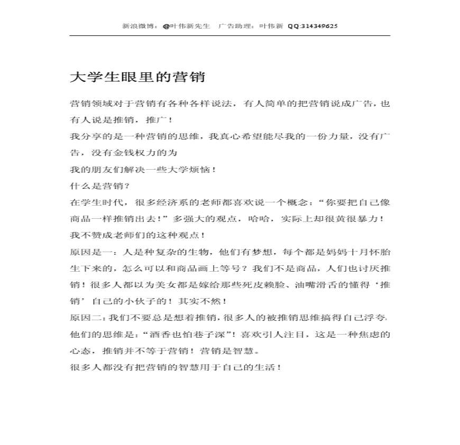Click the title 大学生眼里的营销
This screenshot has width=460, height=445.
(137, 77)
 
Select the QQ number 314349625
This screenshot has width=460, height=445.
(319, 25)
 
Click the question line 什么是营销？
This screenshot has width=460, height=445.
(100, 186)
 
